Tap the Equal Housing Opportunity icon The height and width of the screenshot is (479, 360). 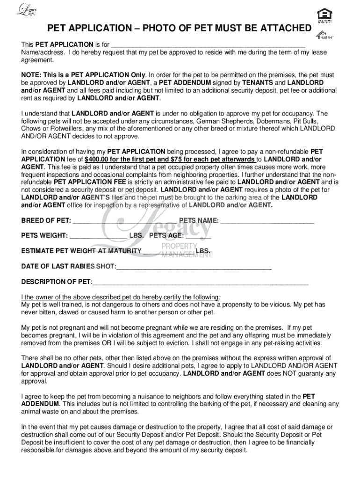pos(322,14)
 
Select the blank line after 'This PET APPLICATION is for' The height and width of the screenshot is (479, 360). pos(208,45)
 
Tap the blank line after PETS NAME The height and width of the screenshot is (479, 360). pos(267,221)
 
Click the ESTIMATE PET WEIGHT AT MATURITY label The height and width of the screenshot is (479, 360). pos(81,251)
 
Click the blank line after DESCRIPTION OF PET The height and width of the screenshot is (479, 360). pos(200,282)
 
